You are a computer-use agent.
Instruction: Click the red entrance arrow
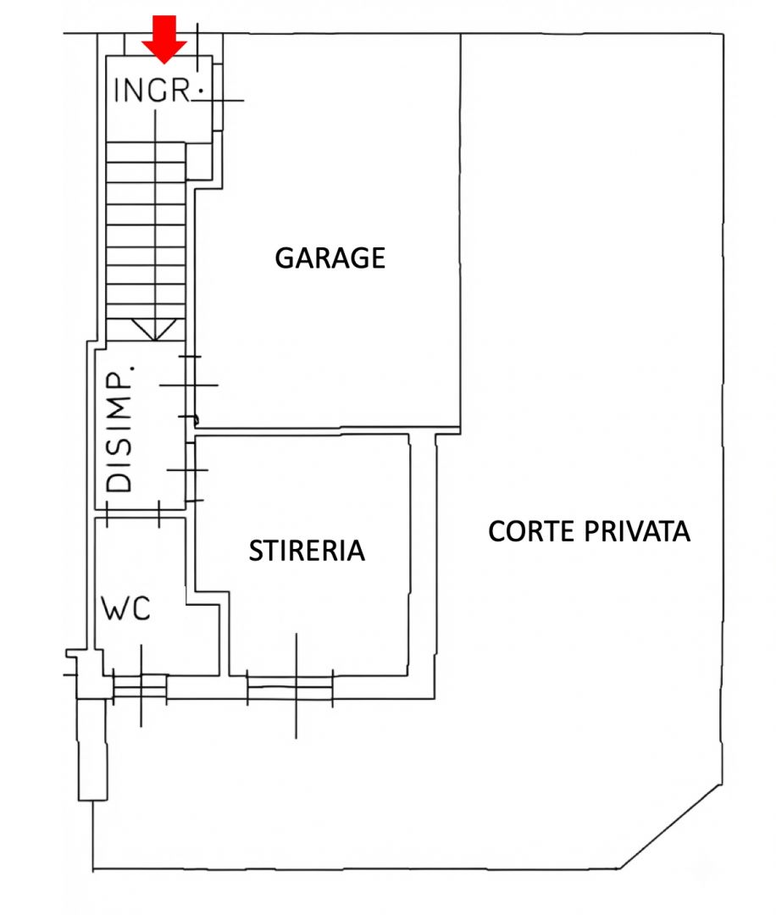[x=164, y=39]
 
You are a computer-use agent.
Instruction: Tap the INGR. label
[x=158, y=91]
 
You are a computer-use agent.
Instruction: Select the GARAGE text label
[x=330, y=258]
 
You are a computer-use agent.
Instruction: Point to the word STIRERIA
[x=307, y=551]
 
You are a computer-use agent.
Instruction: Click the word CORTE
[x=531, y=531]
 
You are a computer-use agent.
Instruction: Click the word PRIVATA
[x=637, y=531]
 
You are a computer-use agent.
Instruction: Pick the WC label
[x=126, y=608]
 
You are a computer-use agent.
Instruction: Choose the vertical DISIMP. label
[x=119, y=430]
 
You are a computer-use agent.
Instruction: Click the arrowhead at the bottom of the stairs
[x=155, y=330]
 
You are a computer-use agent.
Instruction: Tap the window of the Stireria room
[x=290, y=687]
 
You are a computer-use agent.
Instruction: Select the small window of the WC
[x=140, y=686]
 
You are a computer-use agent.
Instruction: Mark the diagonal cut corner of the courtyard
[x=670, y=826]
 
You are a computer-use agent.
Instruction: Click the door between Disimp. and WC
[x=133, y=513]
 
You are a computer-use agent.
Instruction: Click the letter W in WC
[x=114, y=608]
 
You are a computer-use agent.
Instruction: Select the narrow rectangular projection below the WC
[x=93, y=749]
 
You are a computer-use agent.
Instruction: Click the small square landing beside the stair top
[x=199, y=161]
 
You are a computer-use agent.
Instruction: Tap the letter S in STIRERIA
[x=256, y=551]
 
